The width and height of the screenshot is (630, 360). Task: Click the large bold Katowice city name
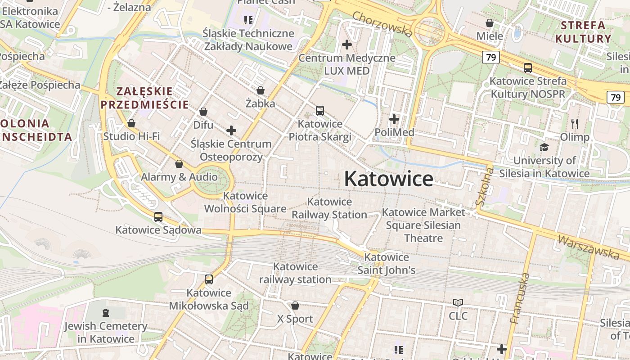(x=389, y=179)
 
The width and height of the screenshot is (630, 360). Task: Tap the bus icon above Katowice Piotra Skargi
(x=320, y=110)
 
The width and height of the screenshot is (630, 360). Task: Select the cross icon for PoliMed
(x=394, y=119)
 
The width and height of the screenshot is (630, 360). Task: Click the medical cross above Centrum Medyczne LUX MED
(x=347, y=45)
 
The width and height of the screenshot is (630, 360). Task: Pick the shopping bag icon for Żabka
(x=261, y=91)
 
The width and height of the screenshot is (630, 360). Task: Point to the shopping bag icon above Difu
(x=203, y=112)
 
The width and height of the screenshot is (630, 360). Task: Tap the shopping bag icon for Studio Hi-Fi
(x=131, y=123)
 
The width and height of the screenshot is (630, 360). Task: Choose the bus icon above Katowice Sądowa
(x=158, y=217)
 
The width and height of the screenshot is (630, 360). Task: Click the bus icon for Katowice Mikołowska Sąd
(x=209, y=279)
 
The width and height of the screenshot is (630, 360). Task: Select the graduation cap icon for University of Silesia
(x=544, y=148)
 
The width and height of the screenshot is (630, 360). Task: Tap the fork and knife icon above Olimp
(x=575, y=124)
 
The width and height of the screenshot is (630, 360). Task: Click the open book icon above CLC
(x=458, y=303)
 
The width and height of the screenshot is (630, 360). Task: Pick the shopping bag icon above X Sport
(x=295, y=306)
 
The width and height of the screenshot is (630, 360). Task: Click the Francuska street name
(x=520, y=298)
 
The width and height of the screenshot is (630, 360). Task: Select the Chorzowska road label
(x=382, y=24)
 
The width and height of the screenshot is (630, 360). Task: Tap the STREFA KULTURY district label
(x=583, y=31)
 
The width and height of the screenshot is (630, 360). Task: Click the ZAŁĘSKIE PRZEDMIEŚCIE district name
(x=144, y=98)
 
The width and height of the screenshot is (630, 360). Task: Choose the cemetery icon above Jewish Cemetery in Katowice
(x=106, y=312)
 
